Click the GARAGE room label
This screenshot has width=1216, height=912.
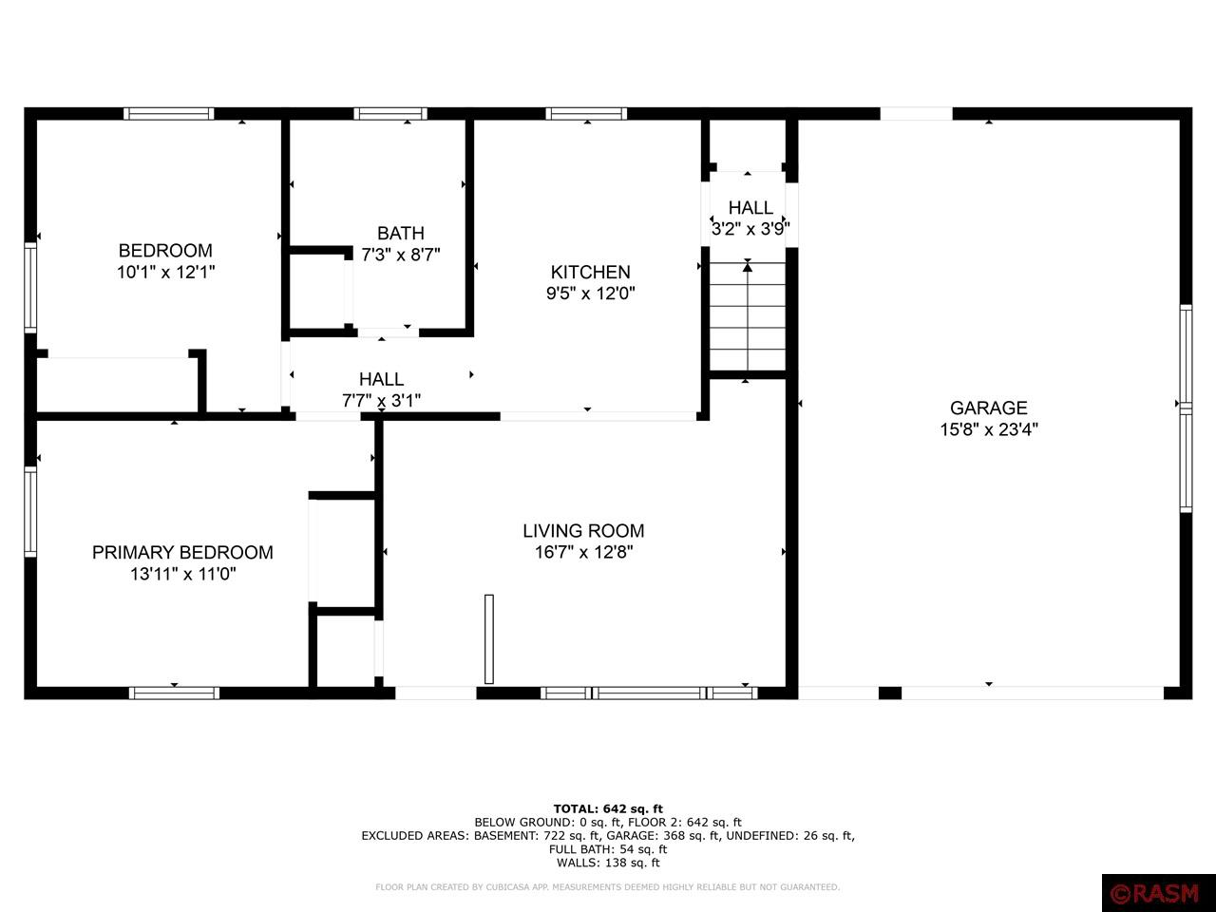coord(988,408)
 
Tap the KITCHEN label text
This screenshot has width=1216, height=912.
coord(590,272)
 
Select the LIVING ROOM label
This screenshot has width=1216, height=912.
coord(583,530)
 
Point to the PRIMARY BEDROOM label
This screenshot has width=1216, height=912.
coord(182,552)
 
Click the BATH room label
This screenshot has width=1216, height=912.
coord(401,233)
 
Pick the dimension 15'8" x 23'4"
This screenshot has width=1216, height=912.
coord(988,429)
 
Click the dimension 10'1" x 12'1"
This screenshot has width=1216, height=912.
coord(165,272)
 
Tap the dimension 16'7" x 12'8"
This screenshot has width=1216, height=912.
coord(583,552)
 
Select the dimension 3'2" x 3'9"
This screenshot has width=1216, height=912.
coord(750,229)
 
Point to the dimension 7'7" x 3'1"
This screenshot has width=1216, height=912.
coord(381,400)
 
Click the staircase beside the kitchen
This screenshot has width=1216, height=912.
coord(748,316)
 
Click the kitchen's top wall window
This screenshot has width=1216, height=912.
coord(586,114)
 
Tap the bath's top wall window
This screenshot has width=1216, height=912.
coord(390,114)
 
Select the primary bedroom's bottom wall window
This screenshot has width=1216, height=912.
coord(174,693)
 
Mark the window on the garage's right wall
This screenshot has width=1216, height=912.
coord(1185,408)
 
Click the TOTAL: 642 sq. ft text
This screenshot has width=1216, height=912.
coord(608,809)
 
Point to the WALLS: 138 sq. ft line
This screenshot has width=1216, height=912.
coord(608,863)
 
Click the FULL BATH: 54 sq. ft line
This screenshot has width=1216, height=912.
coord(608,849)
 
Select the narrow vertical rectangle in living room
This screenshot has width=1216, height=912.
coord(488,639)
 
